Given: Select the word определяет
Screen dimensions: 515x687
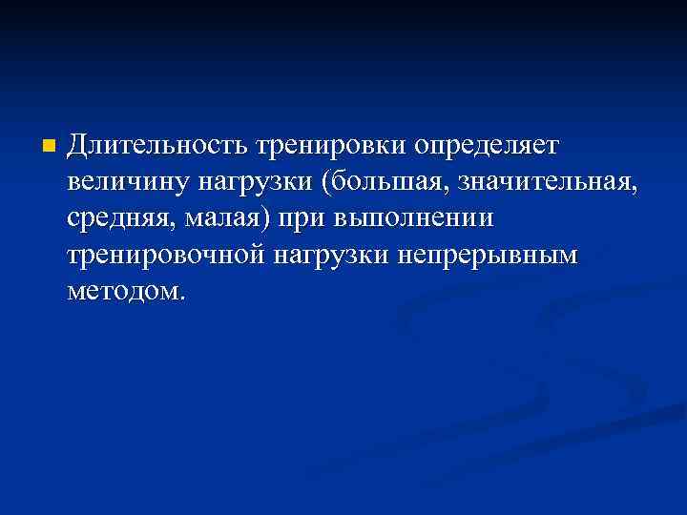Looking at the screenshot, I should pyautogui.click(x=489, y=145).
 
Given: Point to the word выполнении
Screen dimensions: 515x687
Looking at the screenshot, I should pyautogui.click(x=413, y=217).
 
